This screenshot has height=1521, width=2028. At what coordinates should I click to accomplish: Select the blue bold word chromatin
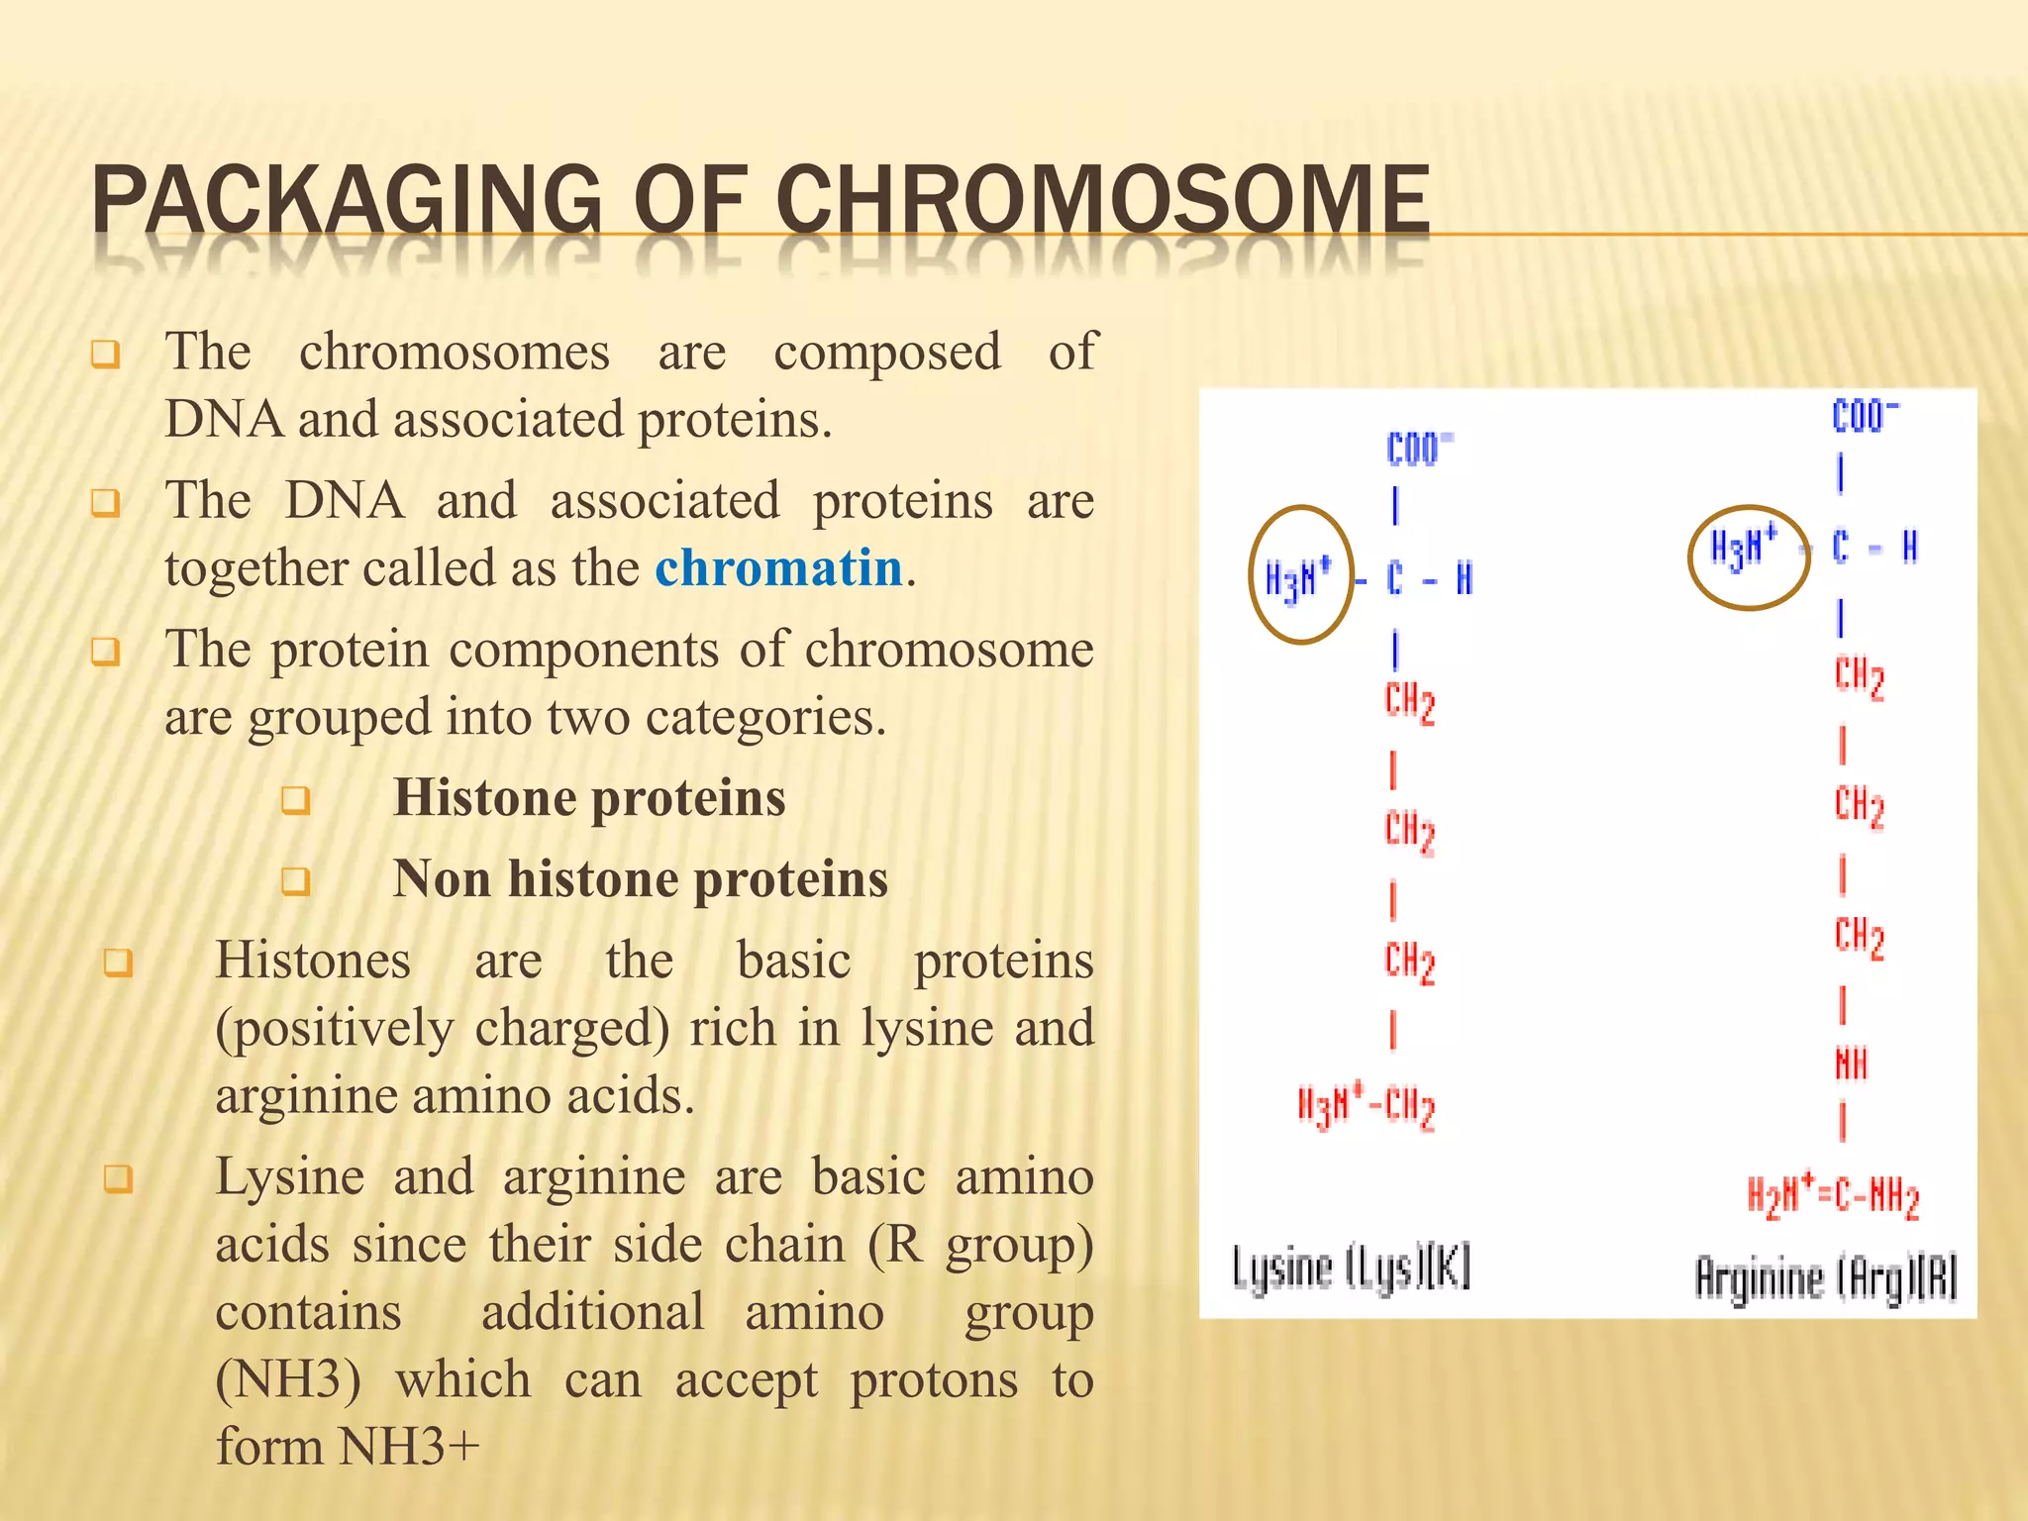778,568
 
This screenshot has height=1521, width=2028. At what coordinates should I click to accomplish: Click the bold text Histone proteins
589,798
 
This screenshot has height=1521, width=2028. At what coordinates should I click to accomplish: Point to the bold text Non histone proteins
640,879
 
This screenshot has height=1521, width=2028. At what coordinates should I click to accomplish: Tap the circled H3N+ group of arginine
1747,548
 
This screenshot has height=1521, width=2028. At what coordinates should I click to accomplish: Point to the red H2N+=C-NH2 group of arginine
1833,1196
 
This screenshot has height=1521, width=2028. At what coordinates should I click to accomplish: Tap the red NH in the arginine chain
1850,1065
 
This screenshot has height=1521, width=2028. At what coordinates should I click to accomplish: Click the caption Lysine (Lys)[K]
1351,1268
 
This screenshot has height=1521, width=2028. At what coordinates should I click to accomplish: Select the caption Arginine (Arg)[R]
1826,1277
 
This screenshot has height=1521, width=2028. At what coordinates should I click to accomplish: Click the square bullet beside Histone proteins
296,800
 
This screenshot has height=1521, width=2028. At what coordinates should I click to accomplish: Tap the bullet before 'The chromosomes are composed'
106,355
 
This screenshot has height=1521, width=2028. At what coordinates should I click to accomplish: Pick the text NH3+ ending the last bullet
408,1448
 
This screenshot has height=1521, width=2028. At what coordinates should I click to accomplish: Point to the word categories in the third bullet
764,717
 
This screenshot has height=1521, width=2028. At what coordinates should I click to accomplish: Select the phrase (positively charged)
443,1028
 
